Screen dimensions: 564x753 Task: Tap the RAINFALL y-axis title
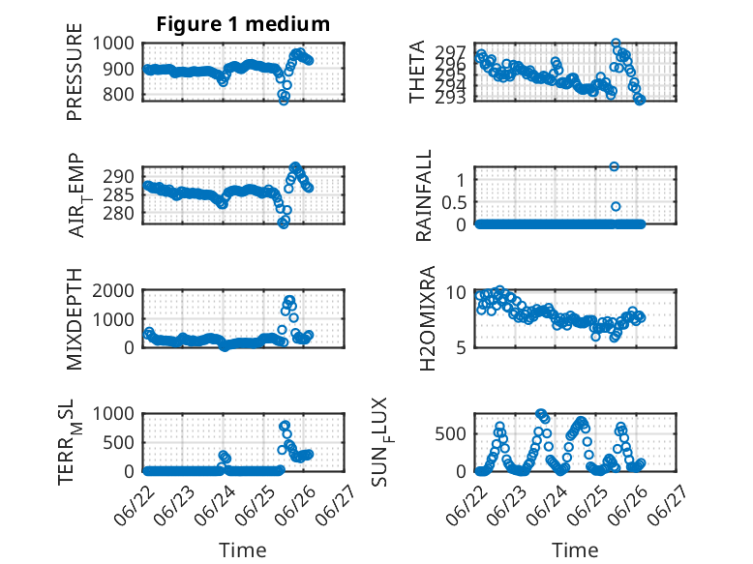(424, 196)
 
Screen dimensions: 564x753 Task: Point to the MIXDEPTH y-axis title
(75, 319)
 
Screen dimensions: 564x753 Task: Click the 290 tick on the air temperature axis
(123, 177)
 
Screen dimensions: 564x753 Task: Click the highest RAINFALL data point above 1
(615, 166)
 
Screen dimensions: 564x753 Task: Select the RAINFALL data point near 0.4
(616, 207)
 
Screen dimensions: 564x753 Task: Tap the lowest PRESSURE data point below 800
(284, 100)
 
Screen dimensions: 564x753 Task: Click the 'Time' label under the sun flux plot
(575, 550)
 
